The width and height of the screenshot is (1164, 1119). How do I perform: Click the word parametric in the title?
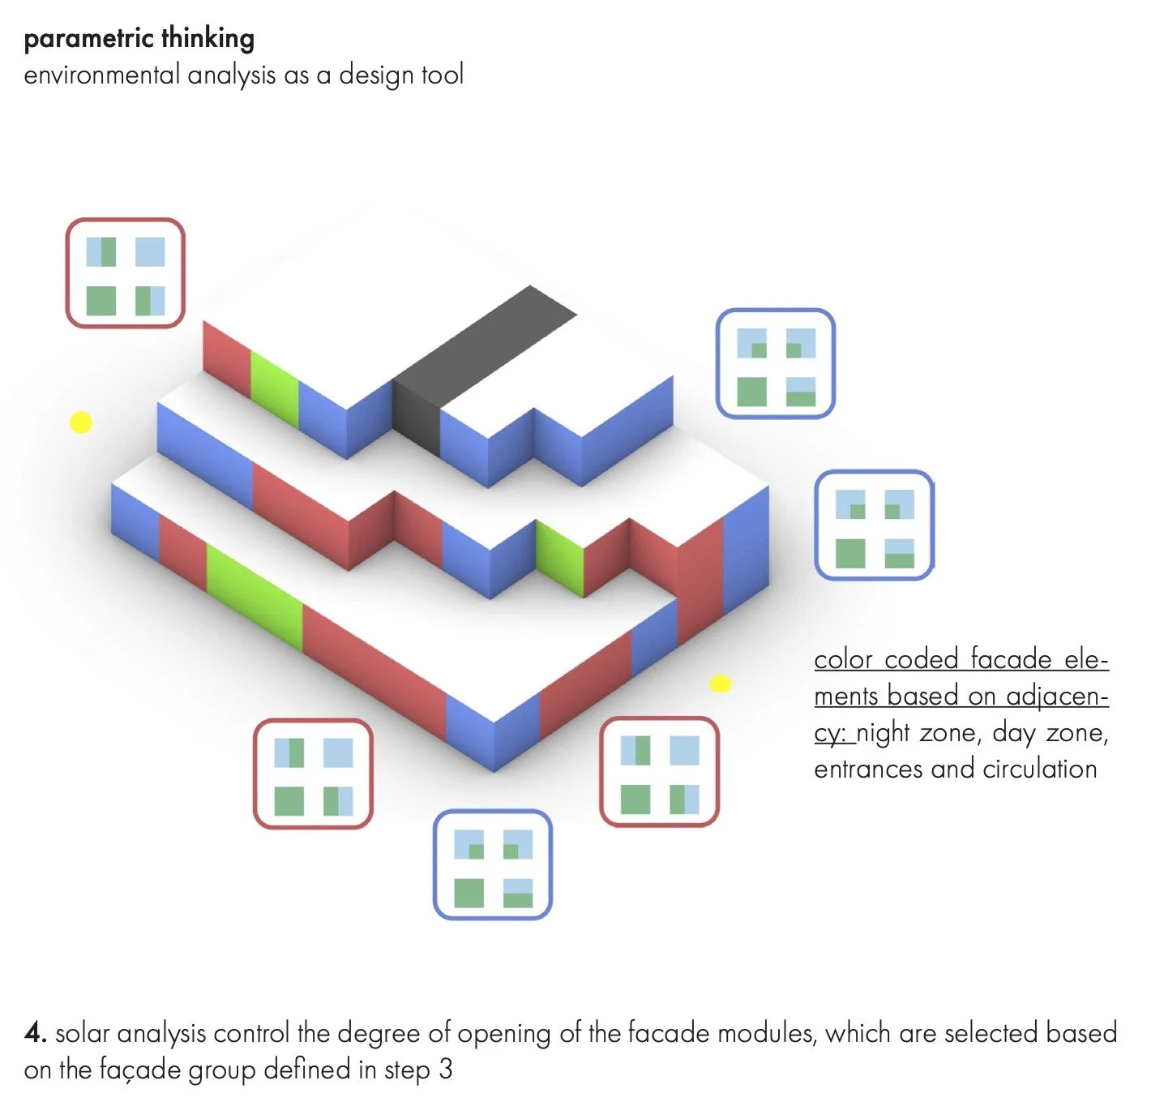tap(88, 39)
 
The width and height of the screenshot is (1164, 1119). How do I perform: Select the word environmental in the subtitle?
tap(101, 75)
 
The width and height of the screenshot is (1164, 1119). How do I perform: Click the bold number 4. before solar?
tap(35, 1033)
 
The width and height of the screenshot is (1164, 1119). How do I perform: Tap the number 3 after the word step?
tap(445, 1070)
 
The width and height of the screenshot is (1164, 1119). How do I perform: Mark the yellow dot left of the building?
tap(80, 422)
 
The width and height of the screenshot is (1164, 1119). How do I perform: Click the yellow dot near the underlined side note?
tap(721, 684)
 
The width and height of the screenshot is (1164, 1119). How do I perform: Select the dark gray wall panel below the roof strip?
tap(417, 417)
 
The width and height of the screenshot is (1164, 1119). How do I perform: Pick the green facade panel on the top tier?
tap(274, 388)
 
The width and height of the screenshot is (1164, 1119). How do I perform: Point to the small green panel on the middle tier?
tap(559, 559)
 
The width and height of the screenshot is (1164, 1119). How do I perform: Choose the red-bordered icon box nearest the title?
tap(125, 273)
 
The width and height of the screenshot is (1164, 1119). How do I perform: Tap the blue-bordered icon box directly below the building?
tap(493, 864)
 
